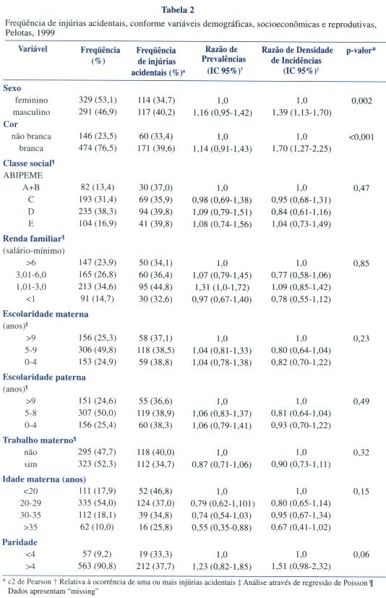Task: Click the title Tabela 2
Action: click(x=178, y=10)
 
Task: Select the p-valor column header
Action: click(x=361, y=51)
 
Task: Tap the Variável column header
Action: click(x=33, y=49)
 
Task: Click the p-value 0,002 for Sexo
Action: click(x=361, y=101)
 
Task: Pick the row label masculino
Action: click(x=31, y=112)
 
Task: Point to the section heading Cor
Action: click(x=10, y=124)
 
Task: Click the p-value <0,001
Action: click(x=361, y=137)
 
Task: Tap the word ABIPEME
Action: click(x=23, y=176)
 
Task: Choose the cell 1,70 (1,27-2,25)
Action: click(x=301, y=148)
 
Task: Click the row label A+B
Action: click(x=31, y=187)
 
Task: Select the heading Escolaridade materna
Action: click(x=46, y=315)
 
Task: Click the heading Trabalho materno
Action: click(x=38, y=440)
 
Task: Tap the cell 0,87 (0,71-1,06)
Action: click(x=222, y=464)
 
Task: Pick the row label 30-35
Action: click(x=30, y=516)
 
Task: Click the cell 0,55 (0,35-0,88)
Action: click(x=222, y=527)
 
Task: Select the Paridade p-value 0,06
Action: click(x=361, y=555)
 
